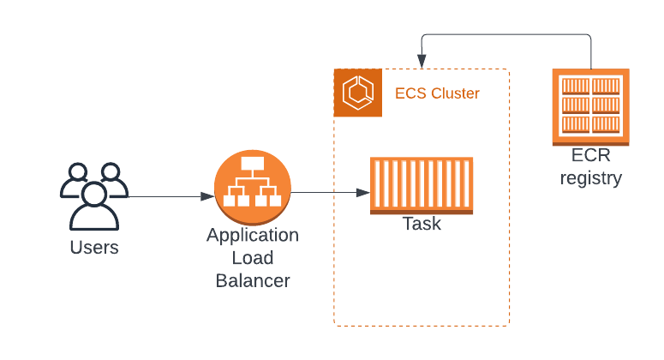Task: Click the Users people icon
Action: [x=93, y=196]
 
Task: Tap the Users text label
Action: [x=93, y=249]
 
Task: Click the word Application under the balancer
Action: [x=253, y=235]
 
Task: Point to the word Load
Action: [x=253, y=257]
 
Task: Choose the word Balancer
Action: [x=253, y=279]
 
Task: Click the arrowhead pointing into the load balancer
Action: [x=207, y=196]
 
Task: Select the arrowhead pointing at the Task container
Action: [x=363, y=192]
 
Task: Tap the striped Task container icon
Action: [x=422, y=185]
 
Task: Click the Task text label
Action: [x=422, y=225]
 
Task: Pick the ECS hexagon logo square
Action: [x=358, y=93]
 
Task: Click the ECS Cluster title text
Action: [x=437, y=93]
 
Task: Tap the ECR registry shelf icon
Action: [x=590, y=106]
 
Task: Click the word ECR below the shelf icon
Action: [x=590, y=157]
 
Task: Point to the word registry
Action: [x=590, y=178]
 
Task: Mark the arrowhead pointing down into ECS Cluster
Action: [x=422, y=63]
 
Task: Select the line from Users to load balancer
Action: [x=167, y=196]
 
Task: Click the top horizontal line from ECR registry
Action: [x=505, y=35]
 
